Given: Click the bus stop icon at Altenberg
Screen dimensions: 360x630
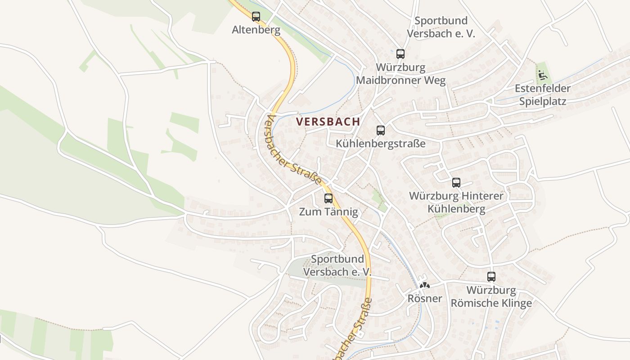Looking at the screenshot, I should (x=256, y=17).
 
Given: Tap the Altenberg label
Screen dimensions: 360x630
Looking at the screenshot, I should (x=256, y=30).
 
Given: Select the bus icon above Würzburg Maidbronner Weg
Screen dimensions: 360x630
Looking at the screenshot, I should (x=400, y=54).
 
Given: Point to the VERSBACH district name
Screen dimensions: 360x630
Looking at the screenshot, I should (x=328, y=121).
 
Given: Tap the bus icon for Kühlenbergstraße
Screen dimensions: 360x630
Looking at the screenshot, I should (x=381, y=130).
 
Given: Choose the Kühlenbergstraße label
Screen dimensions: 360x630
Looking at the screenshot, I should (x=381, y=144).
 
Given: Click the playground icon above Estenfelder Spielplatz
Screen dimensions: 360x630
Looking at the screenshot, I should (x=543, y=74).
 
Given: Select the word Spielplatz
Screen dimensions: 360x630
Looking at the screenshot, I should (x=543, y=101).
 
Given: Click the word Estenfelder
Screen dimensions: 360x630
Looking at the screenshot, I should (x=543, y=88).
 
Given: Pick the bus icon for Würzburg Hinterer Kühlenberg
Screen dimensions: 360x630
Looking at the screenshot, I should (x=456, y=183).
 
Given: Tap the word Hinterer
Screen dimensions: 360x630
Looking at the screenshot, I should (x=482, y=196).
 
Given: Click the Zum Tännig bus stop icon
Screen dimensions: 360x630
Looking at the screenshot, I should (x=328, y=198).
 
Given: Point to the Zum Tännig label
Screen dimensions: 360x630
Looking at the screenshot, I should (x=328, y=211).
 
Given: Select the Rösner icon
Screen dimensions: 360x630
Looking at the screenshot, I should (x=425, y=285).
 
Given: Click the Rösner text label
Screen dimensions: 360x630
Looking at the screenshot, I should (x=425, y=298).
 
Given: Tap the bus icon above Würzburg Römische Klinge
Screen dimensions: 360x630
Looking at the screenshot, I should (x=491, y=277).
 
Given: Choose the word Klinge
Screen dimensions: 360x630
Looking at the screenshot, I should (x=514, y=303).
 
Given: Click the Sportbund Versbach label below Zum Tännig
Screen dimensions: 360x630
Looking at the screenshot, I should (x=337, y=265).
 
